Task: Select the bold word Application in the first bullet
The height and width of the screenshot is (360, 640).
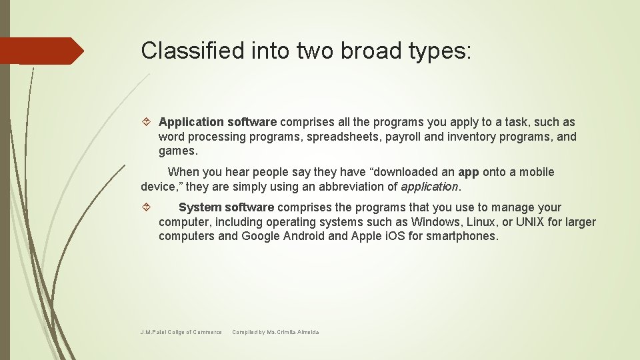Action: click(x=191, y=122)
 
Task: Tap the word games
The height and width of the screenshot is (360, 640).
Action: click(x=178, y=151)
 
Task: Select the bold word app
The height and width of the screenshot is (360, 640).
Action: click(x=469, y=172)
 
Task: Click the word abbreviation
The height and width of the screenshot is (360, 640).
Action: click(x=352, y=187)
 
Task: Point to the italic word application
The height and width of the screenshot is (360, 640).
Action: click(x=429, y=187)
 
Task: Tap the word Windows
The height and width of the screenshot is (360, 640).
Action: click(x=434, y=222)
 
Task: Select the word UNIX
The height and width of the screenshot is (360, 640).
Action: click(x=533, y=222)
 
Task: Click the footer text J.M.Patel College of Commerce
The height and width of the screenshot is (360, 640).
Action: click(x=181, y=332)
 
